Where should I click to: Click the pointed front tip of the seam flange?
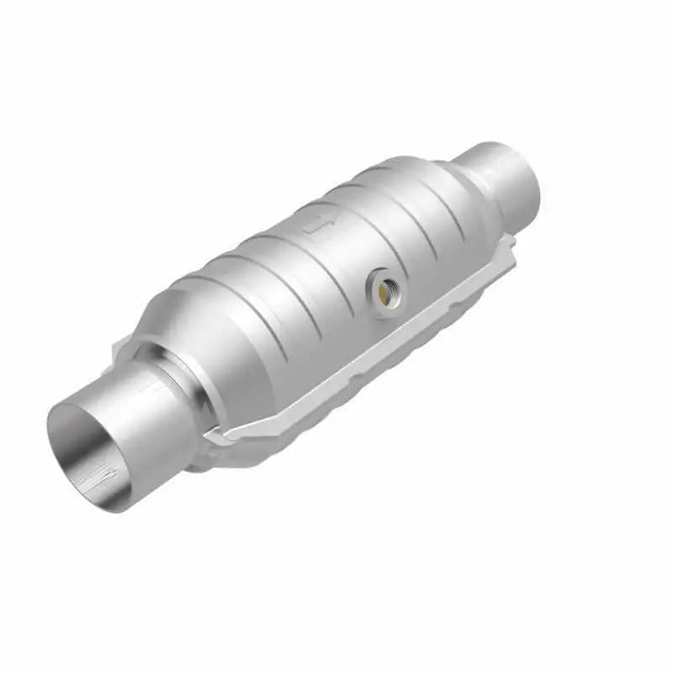click(215, 437)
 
